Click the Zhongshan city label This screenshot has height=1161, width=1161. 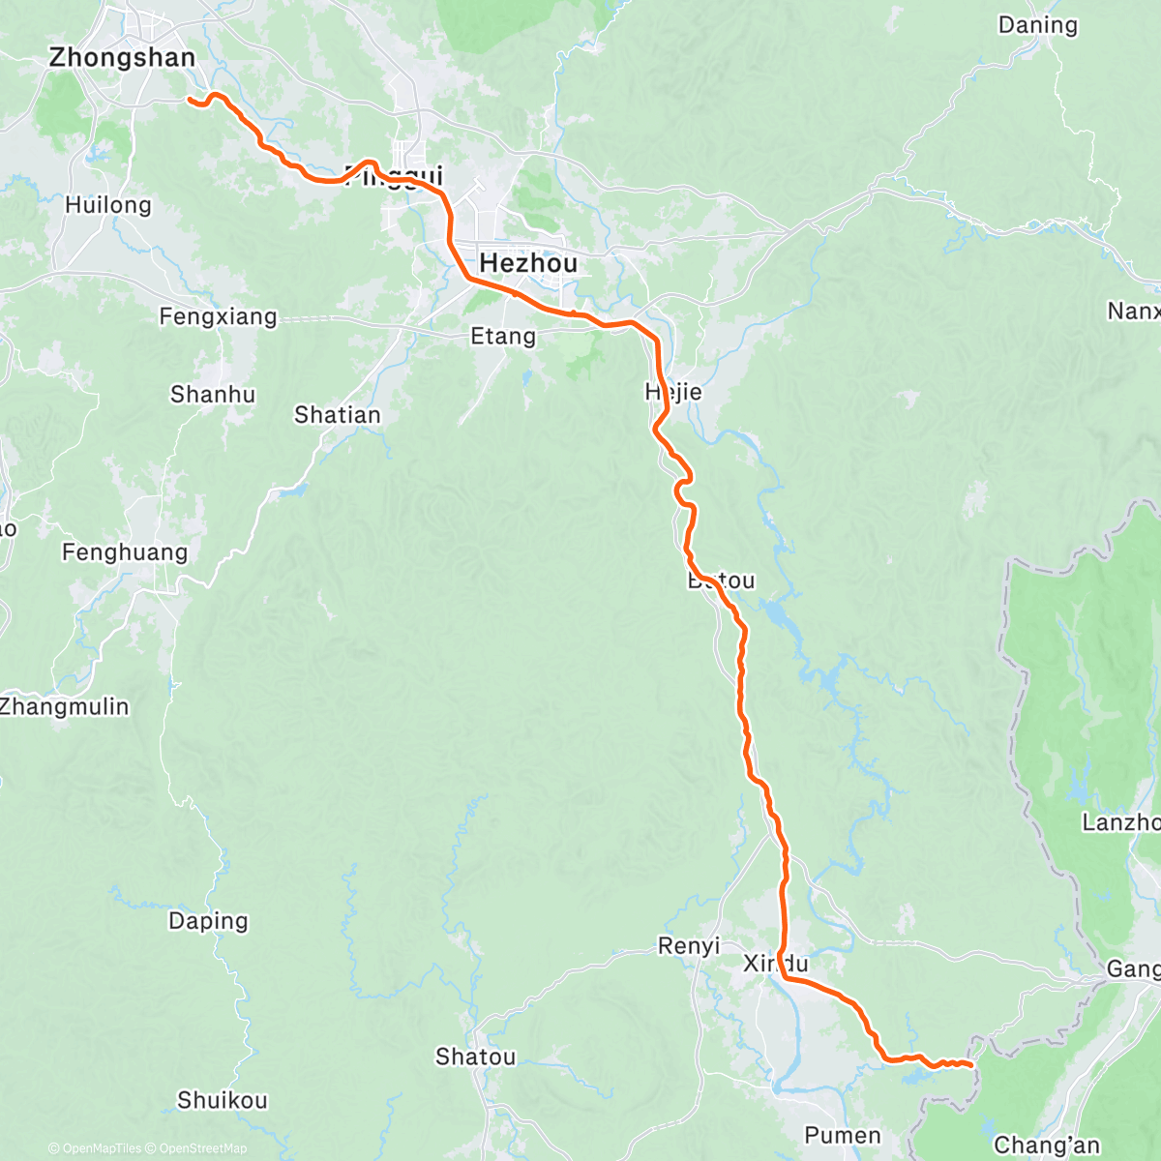[122, 58]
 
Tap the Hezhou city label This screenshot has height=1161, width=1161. [528, 263]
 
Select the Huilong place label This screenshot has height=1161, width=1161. [108, 205]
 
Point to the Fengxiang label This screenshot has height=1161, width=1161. [218, 316]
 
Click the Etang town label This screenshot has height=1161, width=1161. [502, 337]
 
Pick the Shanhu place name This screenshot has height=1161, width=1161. [213, 395]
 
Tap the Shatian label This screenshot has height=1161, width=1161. [338, 415]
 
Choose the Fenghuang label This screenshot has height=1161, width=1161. [125, 552]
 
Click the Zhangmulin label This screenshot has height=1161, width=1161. [65, 706]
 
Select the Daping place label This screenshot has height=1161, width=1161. [208, 921]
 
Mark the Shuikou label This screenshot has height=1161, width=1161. [223, 1100]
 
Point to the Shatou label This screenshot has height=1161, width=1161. [475, 1057]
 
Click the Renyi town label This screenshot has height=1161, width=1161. [689, 946]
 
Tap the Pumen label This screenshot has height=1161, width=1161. [843, 1135]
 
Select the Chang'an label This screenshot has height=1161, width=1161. [1047, 1146]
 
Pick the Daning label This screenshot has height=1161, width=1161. [1037, 25]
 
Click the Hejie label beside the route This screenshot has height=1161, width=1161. [673, 392]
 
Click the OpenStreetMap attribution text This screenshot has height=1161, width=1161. [203, 1148]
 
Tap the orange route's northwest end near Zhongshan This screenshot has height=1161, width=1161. [189, 99]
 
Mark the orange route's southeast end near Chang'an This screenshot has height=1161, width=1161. [969, 1065]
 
